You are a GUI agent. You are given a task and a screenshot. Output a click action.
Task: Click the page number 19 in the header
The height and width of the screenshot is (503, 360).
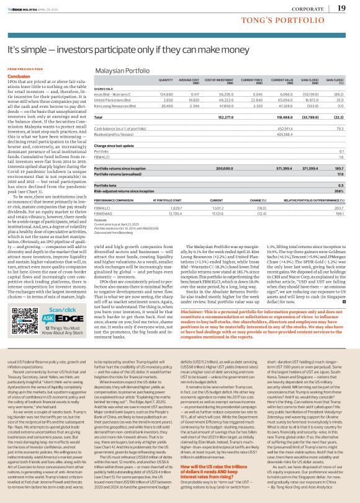pos(342,8)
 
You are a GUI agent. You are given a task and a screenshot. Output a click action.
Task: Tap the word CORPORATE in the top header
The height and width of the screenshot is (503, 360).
pos(310,9)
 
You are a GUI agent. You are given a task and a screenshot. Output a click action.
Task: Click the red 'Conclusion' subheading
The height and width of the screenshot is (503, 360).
pos(18,74)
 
